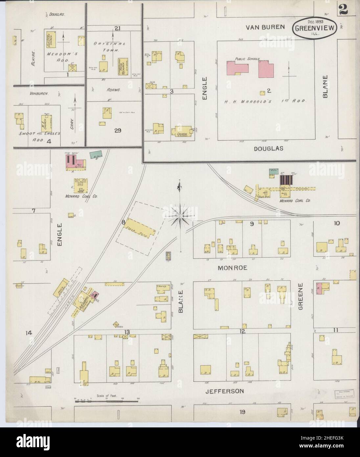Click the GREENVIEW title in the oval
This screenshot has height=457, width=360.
click(x=315, y=28)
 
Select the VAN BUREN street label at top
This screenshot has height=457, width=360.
click(x=265, y=27)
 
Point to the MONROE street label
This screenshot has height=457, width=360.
click(x=232, y=268)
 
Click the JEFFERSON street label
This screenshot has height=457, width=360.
click(x=225, y=391)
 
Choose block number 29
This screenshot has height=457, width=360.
click(x=118, y=131)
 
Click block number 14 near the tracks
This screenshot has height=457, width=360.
click(x=29, y=333)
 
